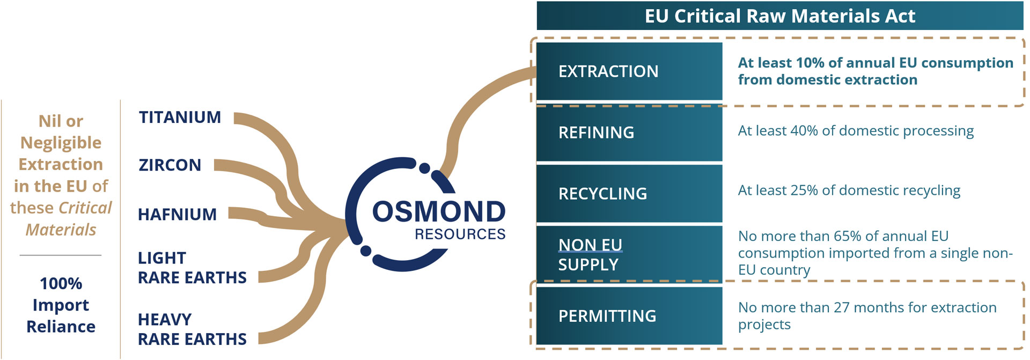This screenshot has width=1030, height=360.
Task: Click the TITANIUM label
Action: point(180,117)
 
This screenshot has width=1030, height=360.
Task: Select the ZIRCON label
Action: point(170,165)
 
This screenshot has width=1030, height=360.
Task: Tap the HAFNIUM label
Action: point(177,214)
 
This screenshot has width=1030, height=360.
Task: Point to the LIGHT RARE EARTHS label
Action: point(192,268)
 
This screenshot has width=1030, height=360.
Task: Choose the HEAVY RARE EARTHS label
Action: point(192,329)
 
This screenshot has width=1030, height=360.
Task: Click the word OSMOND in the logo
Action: point(438,211)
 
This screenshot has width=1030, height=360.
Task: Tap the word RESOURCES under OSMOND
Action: point(460,234)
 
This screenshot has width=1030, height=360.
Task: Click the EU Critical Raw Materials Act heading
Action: point(779,16)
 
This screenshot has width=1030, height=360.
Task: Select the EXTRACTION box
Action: point(629,71)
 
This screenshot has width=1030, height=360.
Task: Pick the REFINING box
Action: point(629,133)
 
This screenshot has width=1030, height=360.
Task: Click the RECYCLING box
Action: point(629,194)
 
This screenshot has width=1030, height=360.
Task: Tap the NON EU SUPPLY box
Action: point(629,254)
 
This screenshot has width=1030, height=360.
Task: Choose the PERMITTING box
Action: point(629,316)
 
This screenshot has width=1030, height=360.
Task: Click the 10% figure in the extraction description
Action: point(810,63)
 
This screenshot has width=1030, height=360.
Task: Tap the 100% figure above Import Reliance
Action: point(61,283)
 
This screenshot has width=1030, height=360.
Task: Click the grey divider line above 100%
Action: point(61,255)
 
